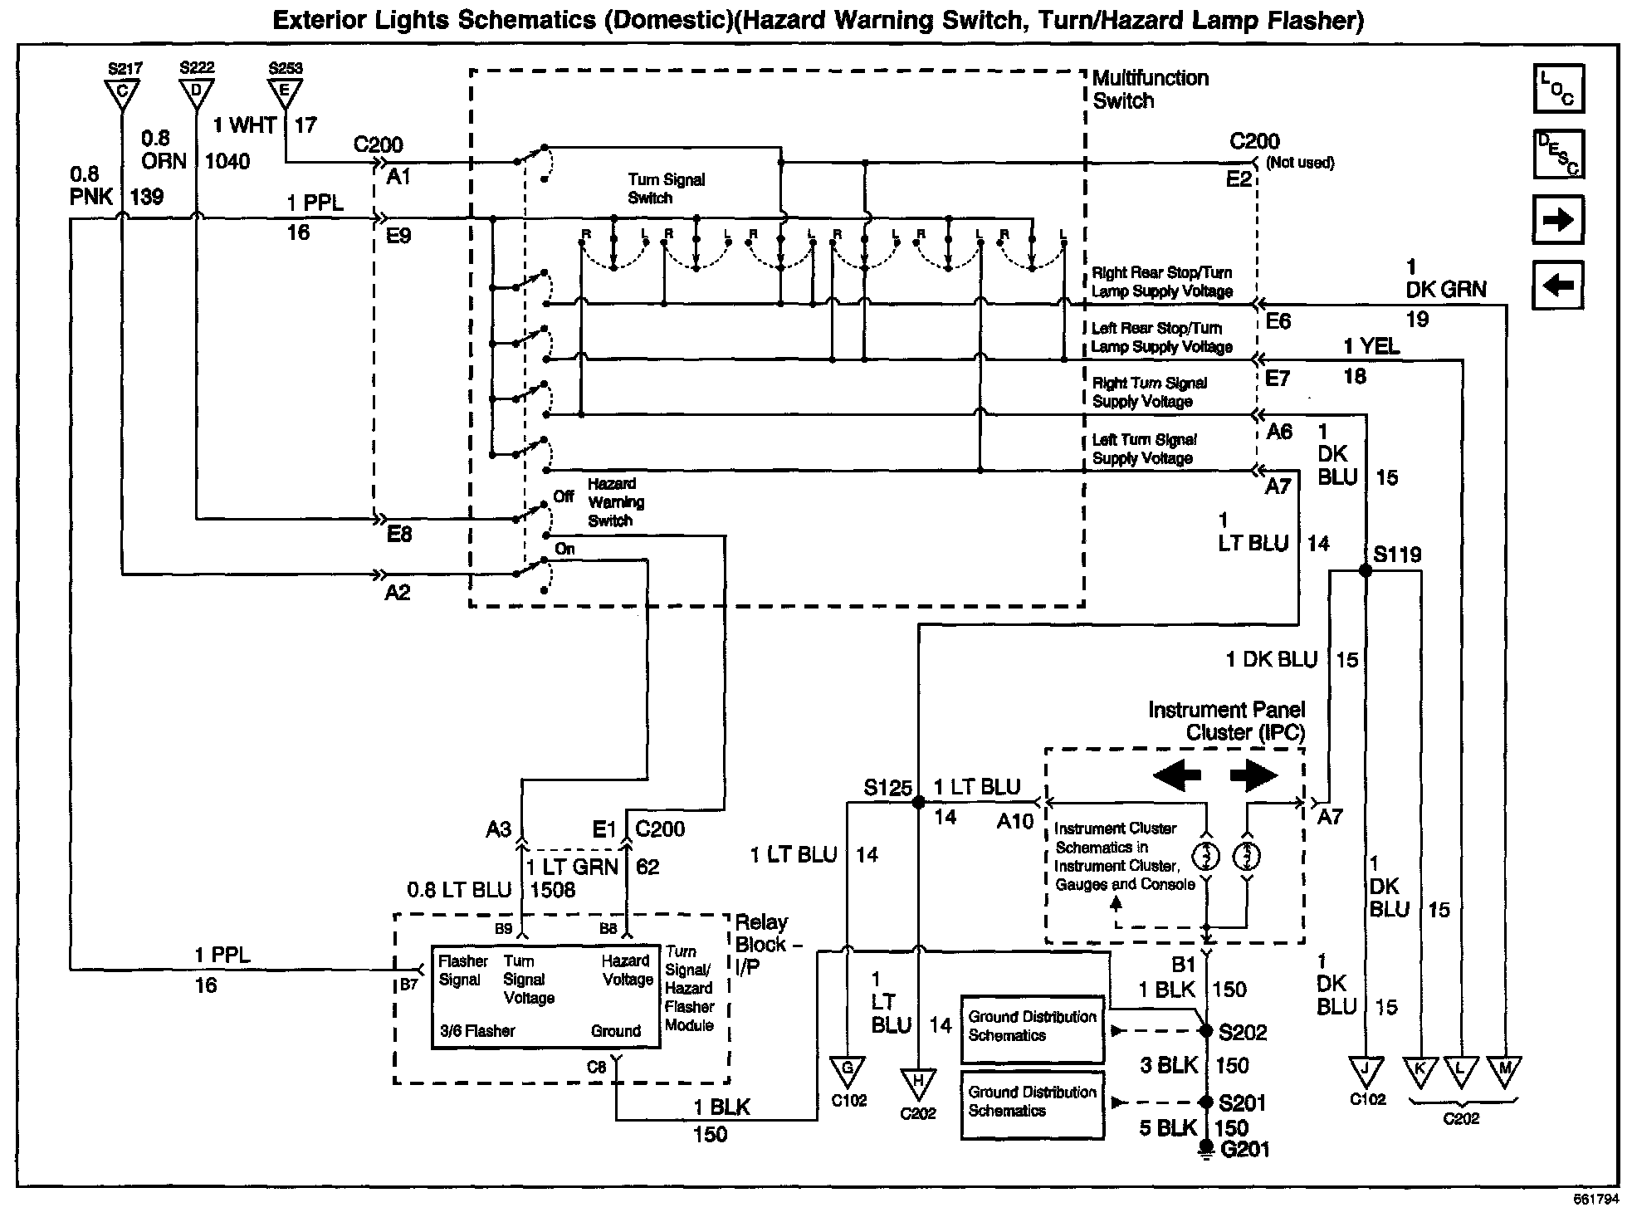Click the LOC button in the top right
click(1558, 88)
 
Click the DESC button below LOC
click(1558, 154)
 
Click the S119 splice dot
click(1365, 570)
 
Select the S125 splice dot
click(918, 803)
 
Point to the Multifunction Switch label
click(1150, 90)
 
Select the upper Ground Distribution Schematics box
click(1033, 1029)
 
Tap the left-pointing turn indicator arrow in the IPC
click(1177, 776)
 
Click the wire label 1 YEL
click(1371, 346)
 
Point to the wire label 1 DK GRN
click(1446, 279)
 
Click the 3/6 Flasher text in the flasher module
click(477, 1031)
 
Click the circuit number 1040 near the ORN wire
click(227, 161)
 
